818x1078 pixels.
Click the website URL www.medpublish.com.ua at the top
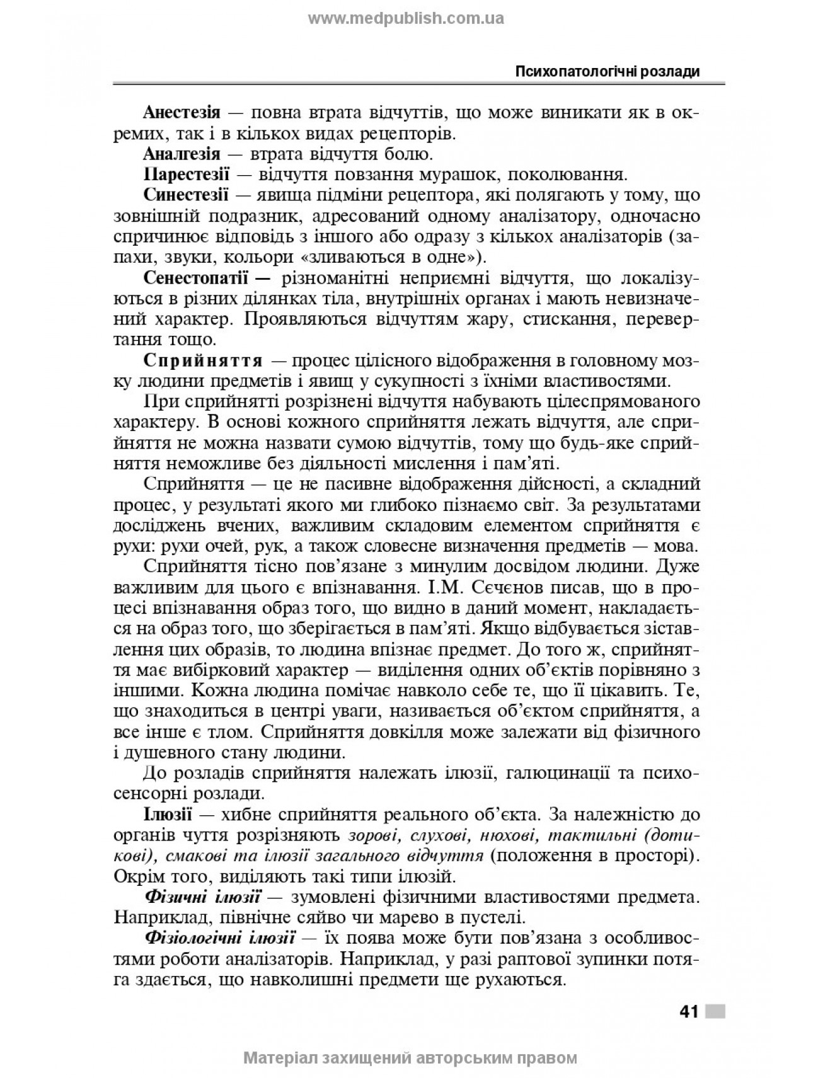[406, 18]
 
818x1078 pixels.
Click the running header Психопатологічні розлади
[608, 71]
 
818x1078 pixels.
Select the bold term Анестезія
[181, 113]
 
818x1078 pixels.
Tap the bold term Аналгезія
[181, 153]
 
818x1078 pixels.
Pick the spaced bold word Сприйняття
[203, 361]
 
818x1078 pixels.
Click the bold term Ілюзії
[168, 814]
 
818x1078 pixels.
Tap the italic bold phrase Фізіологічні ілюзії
[220, 938]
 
